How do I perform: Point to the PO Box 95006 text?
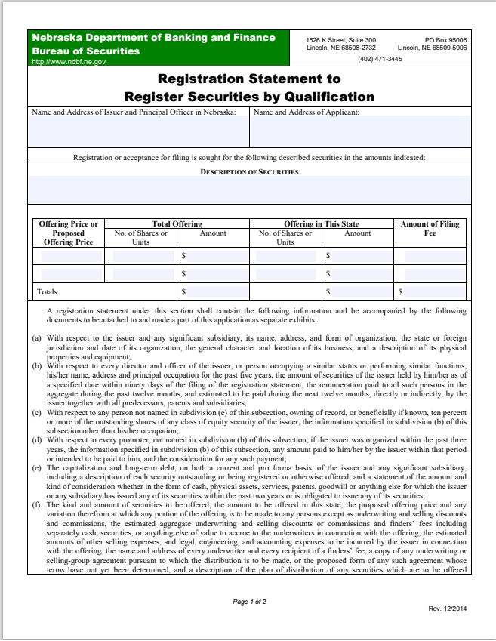445,39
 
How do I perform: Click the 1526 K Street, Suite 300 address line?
341,39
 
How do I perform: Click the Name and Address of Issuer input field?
138,132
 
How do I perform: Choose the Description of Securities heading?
249,172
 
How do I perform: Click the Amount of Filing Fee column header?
430,229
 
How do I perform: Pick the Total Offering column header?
177,224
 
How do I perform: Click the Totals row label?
47,291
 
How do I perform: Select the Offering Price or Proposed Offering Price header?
68,233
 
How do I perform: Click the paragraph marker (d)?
36,438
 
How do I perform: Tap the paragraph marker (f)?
36,504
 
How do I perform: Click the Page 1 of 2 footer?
249,602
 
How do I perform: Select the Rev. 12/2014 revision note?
447,609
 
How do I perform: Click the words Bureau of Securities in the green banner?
85,51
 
